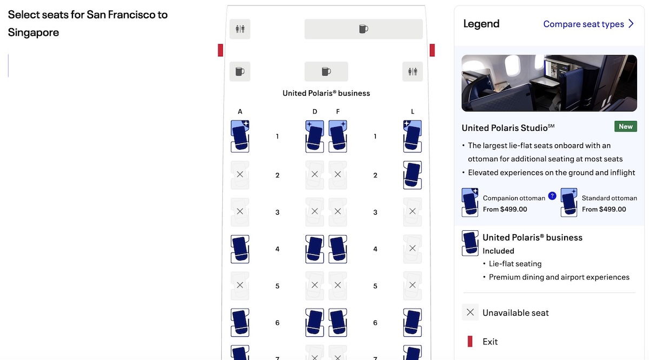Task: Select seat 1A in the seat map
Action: pos(240,136)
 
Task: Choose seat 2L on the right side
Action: pos(412,175)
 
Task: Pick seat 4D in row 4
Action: pos(315,249)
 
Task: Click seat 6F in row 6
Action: pos(337,322)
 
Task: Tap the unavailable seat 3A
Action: pos(240,212)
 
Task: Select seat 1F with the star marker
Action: pos(337,136)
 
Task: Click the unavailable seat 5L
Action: pos(412,285)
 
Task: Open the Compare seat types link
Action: pos(588,24)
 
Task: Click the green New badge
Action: pos(626,126)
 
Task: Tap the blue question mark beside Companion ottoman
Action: pos(552,196)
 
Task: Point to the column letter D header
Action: pos(315,111)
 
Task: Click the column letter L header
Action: pos(412,111)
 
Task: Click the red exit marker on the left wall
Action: pos(221,50)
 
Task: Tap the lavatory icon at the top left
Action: pos(240,29)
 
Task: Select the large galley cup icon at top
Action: pos(363,29)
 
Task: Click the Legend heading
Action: pos(481,24)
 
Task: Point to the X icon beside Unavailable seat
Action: pos(470,312)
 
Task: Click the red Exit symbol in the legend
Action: pos(470,341)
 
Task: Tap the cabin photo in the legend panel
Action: pos(549,83)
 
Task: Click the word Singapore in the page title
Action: pos(34,32)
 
